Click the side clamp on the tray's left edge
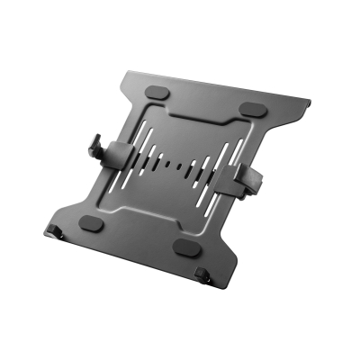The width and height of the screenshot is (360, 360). (104, 148)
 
